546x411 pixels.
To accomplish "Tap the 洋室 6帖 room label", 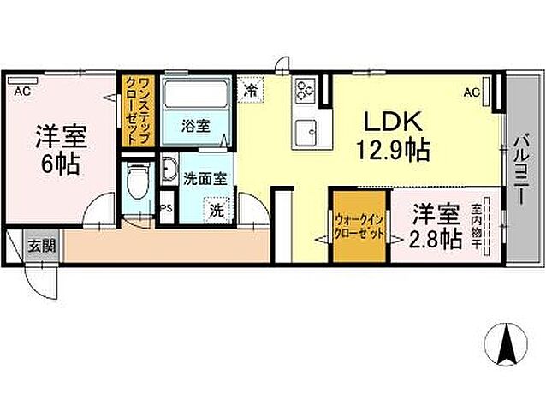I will [x=59, y=149].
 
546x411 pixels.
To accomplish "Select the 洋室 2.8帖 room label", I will [x=435, y=225].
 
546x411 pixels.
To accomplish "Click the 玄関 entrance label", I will [x=40, y=246].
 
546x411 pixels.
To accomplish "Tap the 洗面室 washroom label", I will [x=205, y=179].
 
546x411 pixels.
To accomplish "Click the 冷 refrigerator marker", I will [x=252, y=87].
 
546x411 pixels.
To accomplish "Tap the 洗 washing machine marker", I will [x=217, y=208].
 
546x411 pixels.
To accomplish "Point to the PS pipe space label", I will [x=167, y=206].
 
